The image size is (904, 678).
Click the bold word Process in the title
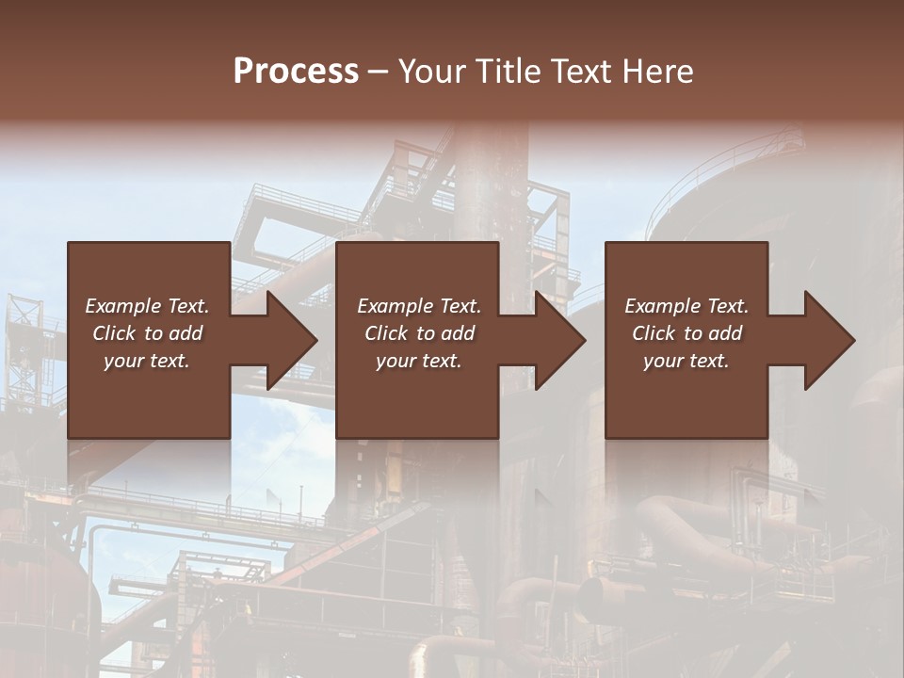(296, 72)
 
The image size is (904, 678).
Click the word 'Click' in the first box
(114, 333)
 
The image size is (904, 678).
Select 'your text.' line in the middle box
(418, 361)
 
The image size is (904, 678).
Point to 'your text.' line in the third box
(686, 361)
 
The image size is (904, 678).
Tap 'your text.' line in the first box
(147, 361)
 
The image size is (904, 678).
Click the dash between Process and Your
(378, 72)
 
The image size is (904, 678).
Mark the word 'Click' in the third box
(654, 333)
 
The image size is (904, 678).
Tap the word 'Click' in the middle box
(386, 333)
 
